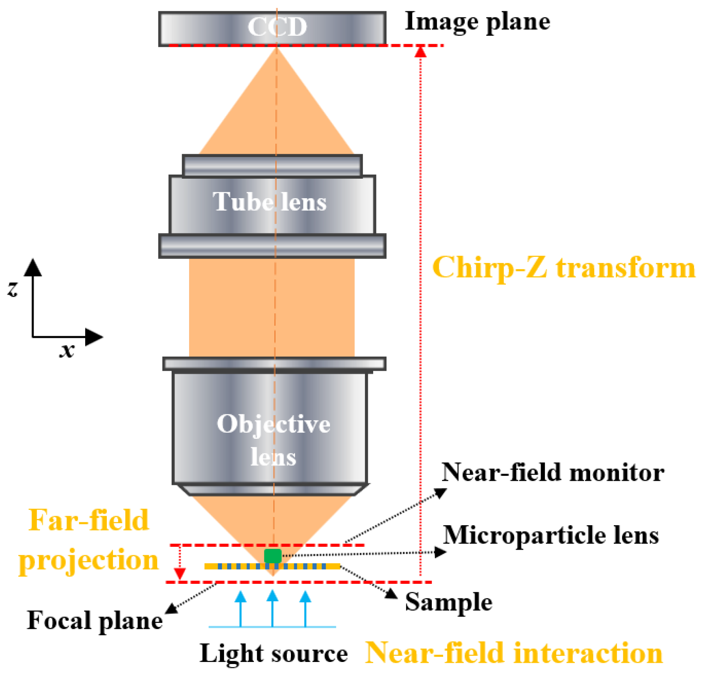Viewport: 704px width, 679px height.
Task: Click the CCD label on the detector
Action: click(x=277, y=27)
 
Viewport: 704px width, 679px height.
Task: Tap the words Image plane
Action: click(x=477, y=22)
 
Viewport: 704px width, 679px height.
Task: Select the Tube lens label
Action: click(x=270, y=202)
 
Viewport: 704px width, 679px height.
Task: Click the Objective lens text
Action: click(x=273, y=440)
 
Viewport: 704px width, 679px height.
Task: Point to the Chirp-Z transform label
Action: click(x=564, y=268)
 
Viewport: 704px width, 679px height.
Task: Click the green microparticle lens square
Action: click(x=273, y=556)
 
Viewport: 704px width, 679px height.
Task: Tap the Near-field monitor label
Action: click(x=552, y=473)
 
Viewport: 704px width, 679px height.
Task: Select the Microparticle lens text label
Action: click(x=551, y=535)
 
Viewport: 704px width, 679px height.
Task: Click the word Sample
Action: click(x=448, y=602)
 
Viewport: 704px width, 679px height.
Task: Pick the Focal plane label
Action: click(x=95, y=621)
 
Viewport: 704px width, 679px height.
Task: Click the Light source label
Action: click(x=273, y=654)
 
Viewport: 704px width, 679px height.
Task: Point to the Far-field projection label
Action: click(x=89, y=540)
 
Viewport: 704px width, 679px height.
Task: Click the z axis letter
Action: click(x=13, y=288)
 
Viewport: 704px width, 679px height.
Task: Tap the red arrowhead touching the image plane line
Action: click(x=421, y=52)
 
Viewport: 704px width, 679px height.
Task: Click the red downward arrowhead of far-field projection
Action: click(x=180, y=574)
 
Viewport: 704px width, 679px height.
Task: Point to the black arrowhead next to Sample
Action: click(x=391, y=593)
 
